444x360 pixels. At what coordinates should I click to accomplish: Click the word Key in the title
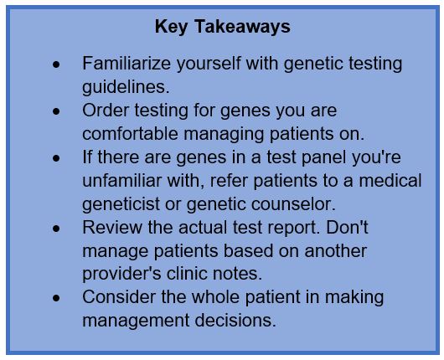pos(171,27)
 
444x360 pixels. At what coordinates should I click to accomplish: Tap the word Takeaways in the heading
pos(242,26)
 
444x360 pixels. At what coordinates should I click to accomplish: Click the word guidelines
pos(126,87)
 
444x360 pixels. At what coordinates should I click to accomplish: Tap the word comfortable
pos(130,134)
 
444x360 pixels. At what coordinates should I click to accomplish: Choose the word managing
pos(224,135)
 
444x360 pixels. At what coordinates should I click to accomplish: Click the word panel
pos(323,158)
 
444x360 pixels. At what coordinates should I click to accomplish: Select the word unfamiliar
pos(121,181)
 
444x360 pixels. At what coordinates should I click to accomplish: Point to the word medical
pos(390,181)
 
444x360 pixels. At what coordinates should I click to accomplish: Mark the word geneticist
pos(121,205)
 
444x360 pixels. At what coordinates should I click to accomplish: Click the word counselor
pos(293,204)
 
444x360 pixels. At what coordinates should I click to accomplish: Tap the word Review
pos(112,227)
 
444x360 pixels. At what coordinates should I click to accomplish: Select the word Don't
pos(347,227)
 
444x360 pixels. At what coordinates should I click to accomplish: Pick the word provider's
pos(121,275)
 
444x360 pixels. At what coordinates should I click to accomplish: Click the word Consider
pos(119,297)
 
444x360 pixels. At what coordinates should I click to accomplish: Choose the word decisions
pos(235,321)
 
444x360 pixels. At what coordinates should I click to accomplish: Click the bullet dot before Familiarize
pos(56,64)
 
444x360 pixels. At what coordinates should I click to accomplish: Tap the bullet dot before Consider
pos(56,298)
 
